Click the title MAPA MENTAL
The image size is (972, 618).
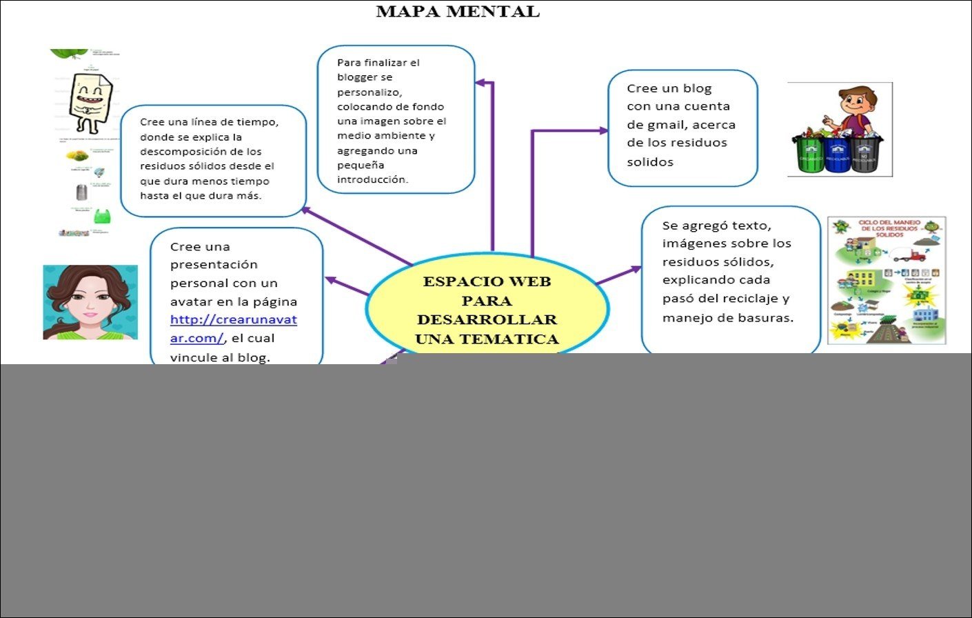(458, 12)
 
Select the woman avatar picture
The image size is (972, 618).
(90, 302)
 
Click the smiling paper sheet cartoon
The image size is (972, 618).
(89, 101)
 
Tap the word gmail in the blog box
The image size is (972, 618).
(658, 125)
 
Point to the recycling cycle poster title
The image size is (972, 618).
(889, 228)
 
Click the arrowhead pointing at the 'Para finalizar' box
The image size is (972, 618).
(480, 83)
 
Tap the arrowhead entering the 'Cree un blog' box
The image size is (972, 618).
(604, 130)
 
